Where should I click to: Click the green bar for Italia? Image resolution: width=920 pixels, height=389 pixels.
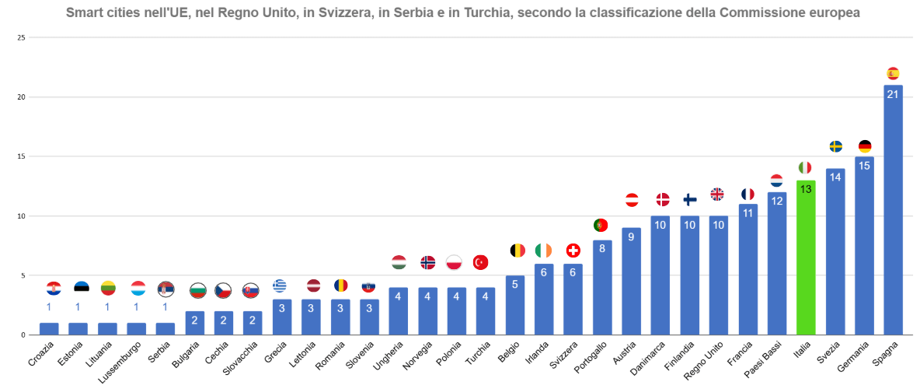(x=806, y=261)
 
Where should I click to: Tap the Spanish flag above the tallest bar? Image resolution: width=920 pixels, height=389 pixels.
(x=893, y=74)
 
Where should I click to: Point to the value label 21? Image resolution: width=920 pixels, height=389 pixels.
(x=893, y=94)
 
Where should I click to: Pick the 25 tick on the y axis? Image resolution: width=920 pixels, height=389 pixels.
(x=21, y=38)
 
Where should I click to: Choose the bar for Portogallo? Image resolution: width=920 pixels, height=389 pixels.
(x=602, y=288)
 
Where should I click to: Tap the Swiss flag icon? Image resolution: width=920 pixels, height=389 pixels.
(x=573, y=251)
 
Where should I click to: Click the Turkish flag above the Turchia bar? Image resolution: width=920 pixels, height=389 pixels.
(x=480, y=262)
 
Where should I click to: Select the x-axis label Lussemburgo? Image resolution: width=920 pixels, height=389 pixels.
(x=124, y=363)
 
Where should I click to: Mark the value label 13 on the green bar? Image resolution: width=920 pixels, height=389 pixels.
(x=806, y=189)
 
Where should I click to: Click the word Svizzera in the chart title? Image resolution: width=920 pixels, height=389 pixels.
(x=343, y=13)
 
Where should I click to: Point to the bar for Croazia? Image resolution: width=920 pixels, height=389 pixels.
(x=49, y=329)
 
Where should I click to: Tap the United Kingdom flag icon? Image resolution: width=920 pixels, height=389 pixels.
(x=717, y=194)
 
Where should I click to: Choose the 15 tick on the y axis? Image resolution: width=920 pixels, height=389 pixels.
(x=21, y=156)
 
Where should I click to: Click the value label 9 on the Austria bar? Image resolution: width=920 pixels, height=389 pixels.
(x=631, y=237)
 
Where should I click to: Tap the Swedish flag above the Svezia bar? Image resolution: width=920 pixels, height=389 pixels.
(x=835, y=146)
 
